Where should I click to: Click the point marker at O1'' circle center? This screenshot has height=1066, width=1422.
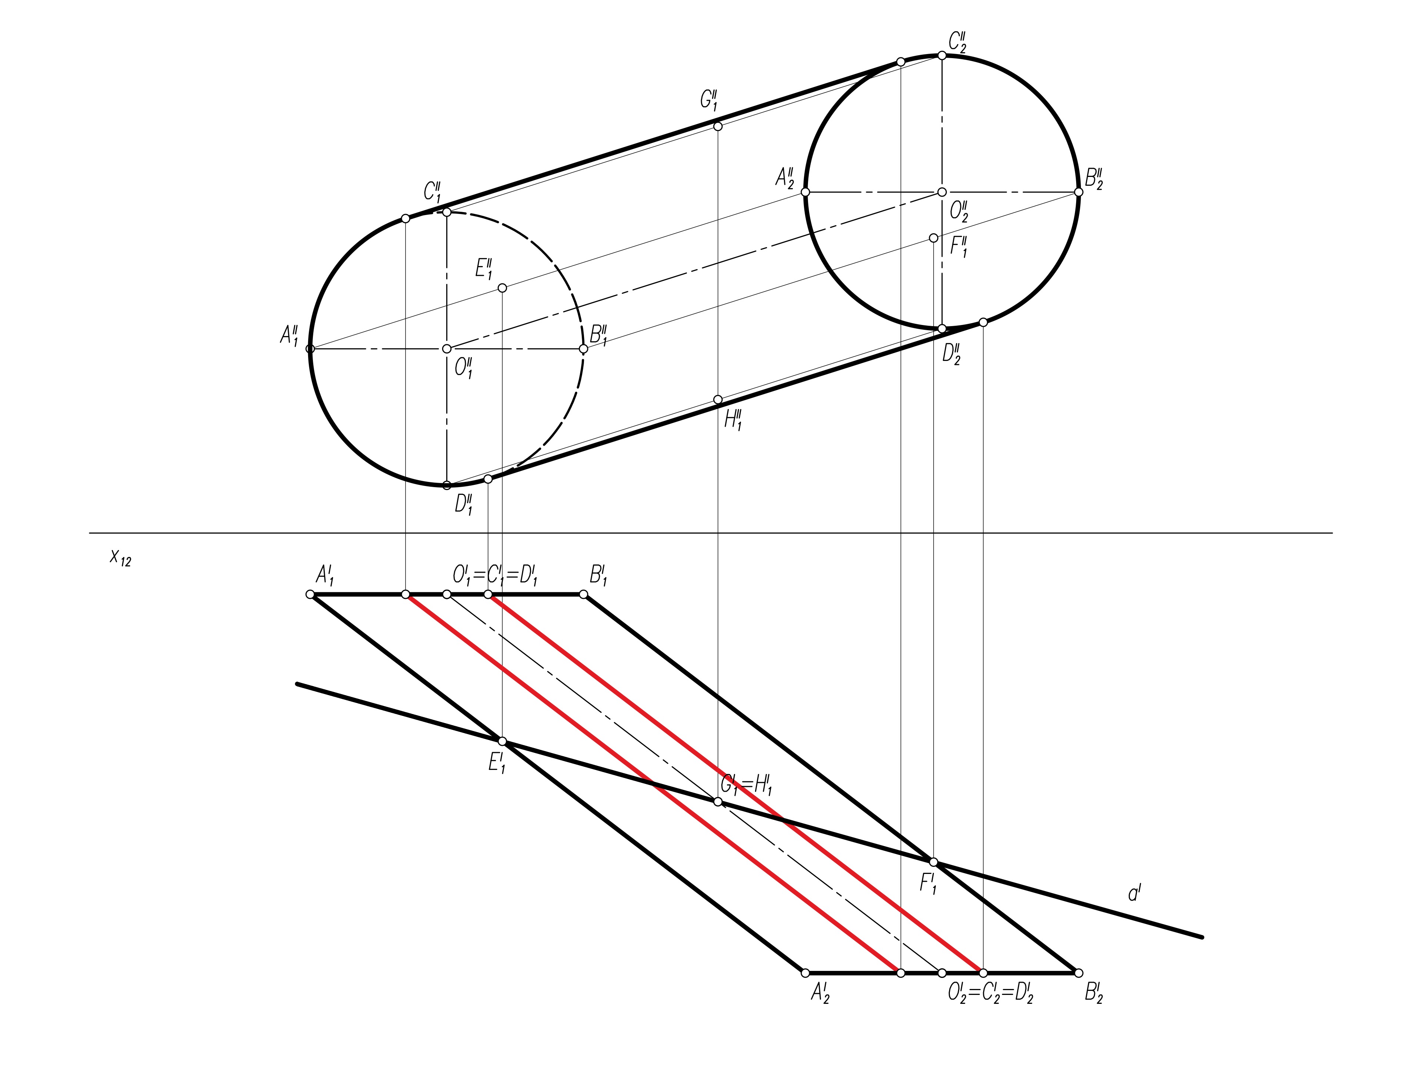click(x=447, y=349)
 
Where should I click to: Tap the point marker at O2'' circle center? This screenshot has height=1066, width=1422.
click(x=942, y=192)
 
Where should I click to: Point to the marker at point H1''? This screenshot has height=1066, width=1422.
click(x=718, y=400)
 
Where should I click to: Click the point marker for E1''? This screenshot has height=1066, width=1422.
click(x=502, y=288)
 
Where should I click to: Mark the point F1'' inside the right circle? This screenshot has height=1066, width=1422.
click(x=934, y=238)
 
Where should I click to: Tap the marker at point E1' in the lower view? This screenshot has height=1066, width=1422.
click(x=502, y=741)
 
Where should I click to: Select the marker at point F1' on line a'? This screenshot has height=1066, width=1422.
click(x=934, y=862)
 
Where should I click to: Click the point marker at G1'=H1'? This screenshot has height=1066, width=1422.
click(x=718, y=801)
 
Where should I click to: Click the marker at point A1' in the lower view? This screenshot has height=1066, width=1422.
click(x=310, y=594)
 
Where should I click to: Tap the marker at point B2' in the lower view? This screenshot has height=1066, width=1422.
click(x=1079, y=973)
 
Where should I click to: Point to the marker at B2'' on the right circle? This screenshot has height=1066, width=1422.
click(x=1079, y=192)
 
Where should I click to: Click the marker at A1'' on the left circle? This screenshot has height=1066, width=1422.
click(x=310, y=349)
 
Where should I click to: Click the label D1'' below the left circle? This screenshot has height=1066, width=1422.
click(x=464, y=504)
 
